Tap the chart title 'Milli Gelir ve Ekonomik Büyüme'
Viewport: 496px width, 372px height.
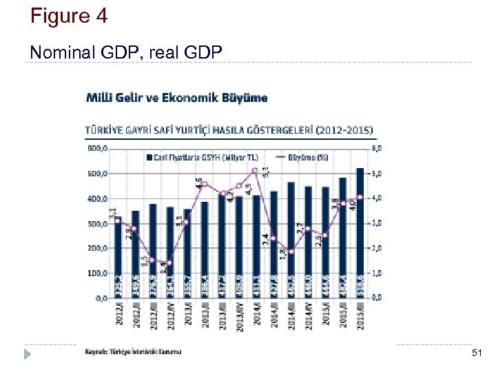176,98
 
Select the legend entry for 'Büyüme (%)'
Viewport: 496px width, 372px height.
307,157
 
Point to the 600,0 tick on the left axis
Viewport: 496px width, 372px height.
96,147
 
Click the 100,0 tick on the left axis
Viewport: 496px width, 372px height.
96,273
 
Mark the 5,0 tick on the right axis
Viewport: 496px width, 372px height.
378,174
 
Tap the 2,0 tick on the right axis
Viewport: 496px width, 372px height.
378,248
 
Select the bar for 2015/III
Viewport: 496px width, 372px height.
360,234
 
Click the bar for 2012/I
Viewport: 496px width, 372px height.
118,258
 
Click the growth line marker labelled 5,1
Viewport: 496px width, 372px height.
256,170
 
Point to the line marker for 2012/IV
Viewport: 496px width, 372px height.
169,263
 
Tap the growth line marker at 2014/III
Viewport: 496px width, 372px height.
291,251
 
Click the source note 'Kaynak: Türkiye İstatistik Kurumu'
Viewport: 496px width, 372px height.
134,352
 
